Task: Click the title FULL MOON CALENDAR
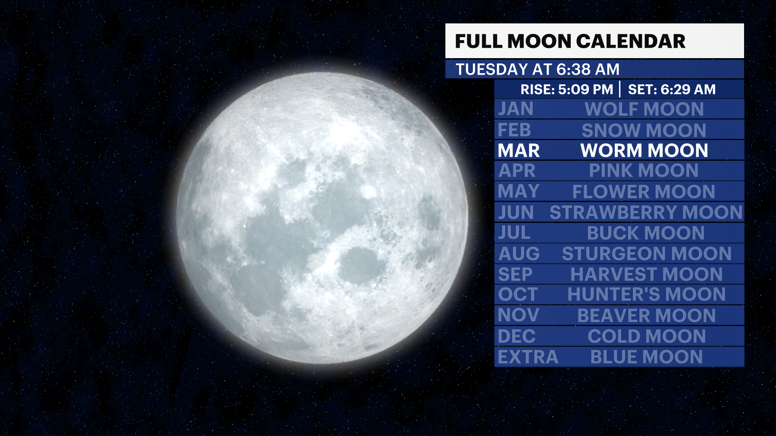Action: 570,41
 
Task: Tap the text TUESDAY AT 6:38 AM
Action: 537,69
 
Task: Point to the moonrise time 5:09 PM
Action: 585,89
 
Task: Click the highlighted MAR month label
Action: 519,151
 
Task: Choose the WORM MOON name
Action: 644,151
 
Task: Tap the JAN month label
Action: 516,109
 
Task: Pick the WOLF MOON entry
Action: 644,109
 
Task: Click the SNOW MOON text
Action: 644,130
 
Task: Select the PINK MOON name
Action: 644,171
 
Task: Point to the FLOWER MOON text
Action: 644,192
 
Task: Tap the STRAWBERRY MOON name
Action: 646,212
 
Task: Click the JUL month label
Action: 514,233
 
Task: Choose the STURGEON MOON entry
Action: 647,254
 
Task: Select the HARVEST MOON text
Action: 646,275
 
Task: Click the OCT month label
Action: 518,295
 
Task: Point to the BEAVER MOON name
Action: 646,316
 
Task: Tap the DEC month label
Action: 517,336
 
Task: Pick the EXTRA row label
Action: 528,357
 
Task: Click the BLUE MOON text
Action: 646,357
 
